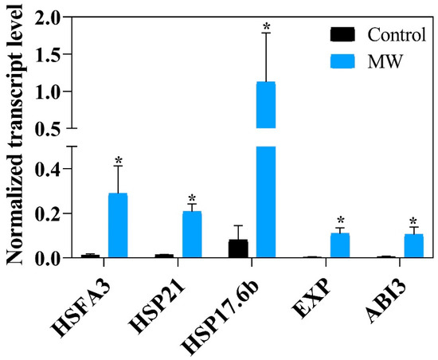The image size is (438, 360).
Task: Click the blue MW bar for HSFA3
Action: (118, 226)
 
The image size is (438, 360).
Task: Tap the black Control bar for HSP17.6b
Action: (237, 248)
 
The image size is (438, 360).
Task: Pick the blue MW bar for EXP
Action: (340, 245)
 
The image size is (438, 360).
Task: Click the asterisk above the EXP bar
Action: (340, 221)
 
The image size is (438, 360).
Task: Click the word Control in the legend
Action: (394, 34)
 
